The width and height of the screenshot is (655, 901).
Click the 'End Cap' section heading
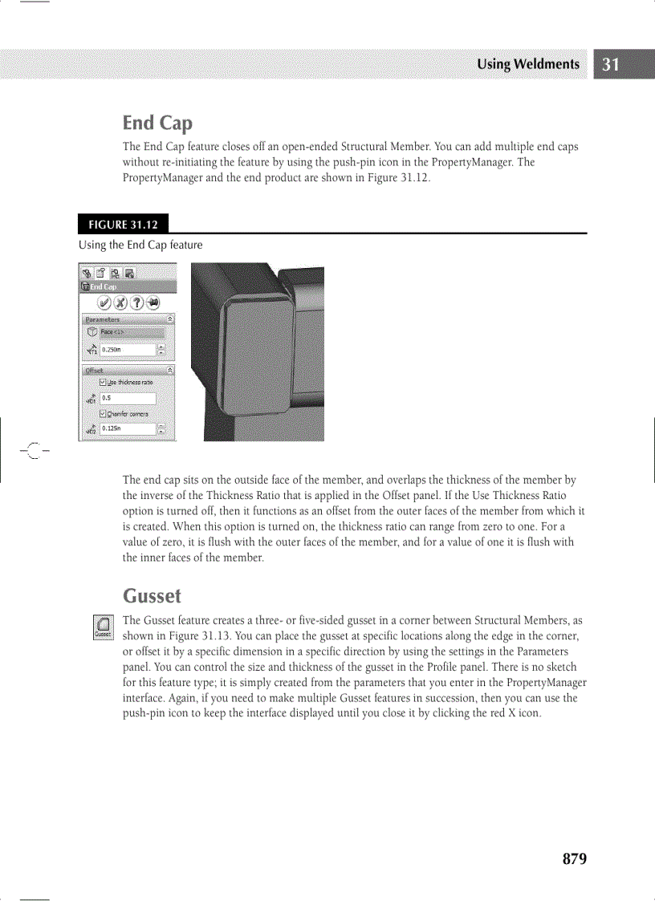157,123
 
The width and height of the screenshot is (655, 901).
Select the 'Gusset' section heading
152,596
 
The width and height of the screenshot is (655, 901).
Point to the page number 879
575,858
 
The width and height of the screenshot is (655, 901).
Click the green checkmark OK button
104,302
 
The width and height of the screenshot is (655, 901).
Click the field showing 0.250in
127,350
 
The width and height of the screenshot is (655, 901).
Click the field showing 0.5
127,398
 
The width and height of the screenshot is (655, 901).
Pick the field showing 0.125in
127,429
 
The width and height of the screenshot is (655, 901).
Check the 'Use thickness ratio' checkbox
103,383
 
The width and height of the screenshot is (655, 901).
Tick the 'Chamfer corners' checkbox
103,413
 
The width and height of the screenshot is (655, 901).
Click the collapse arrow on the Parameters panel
170,319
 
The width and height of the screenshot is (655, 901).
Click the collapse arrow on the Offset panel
170,370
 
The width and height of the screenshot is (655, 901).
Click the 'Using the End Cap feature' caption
140,245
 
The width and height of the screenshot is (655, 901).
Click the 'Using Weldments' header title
527,65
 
